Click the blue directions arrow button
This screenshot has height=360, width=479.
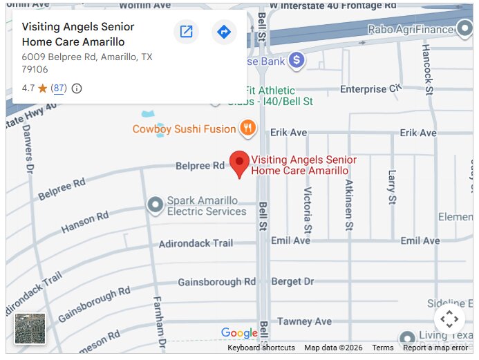coord(224,32)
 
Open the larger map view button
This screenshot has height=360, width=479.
coord(186,32)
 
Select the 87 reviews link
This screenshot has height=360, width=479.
coord(59,88)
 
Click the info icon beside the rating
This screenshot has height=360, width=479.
coord(77,88)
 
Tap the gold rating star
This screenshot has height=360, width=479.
coord(42,88)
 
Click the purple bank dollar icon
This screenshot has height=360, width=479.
coord(297,60)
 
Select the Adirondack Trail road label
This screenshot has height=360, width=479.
coord(196,243)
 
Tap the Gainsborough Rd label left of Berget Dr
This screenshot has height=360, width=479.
coord(216,282)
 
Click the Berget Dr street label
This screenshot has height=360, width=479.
coord(292,282)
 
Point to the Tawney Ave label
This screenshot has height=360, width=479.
coord(304,321)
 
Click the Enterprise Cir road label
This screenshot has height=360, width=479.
coord(370,89)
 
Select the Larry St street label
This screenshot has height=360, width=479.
coord(392,187)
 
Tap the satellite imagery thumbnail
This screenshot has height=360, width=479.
coord(30,328)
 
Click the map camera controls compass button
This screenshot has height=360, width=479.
coord(449,319)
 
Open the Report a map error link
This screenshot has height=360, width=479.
coord(435,348)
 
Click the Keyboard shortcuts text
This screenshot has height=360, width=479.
coord(261,348)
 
